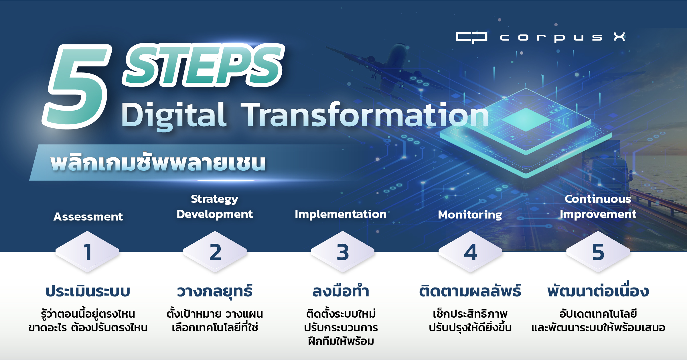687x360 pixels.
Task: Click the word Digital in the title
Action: click(x=174, y=116)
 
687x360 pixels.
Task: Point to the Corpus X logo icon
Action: click(x=471, y=38)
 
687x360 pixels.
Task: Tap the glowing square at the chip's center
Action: click(x=526, y=119)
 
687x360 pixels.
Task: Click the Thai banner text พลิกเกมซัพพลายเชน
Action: click(x=158, y=163)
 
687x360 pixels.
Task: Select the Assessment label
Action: click(x=88, y=217)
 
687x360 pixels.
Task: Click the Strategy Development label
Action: click(x=215, y=206)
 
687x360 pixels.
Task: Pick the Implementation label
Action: click(x=341, y=214)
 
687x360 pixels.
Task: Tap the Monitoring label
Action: click(x=470, y=215)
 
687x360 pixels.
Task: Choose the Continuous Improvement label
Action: click(x=598, y=206)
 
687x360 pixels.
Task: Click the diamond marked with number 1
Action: click(x=87, y=252)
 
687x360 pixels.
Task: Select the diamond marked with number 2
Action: click(x=215, y=252)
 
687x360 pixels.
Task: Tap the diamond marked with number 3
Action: click(x=343, y=252)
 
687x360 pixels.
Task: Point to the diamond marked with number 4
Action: click(x=470, y=252)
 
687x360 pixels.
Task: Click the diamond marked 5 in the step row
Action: click(x=598, y=252)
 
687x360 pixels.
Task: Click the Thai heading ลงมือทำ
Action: click(x=341, y=291)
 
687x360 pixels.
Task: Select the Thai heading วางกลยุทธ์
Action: click(x=215, y=291)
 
